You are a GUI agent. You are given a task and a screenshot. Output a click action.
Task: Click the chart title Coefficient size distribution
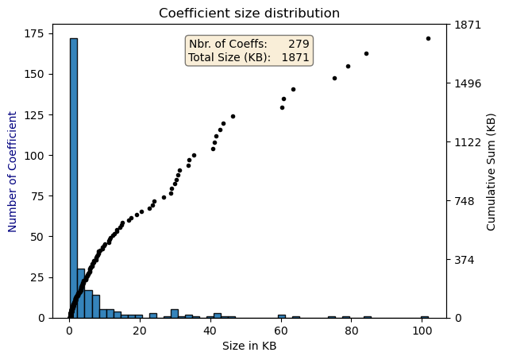pos(249,14)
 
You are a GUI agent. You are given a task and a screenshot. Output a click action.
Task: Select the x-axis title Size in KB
pos(249,346)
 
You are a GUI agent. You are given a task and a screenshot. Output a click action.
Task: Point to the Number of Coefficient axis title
pos(13,171)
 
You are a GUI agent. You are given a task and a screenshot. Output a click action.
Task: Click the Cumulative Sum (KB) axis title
pos(491,171)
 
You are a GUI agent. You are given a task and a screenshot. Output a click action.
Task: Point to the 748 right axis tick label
pos(467,201)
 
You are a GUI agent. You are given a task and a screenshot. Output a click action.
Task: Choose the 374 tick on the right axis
pos(467,260)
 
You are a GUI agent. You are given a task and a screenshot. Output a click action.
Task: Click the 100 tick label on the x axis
pos(421,330)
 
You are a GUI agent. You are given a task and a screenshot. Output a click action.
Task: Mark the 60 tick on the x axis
pos(280,330)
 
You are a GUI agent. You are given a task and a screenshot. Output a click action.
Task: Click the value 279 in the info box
pos(299,44)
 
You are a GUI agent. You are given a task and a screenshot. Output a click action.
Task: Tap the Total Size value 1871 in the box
pos(295,58)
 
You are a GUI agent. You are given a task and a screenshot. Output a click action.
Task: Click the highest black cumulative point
pos(428,38)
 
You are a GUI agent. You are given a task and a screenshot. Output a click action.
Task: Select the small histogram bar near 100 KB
pos(425,316)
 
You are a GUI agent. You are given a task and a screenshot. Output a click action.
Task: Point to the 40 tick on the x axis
pos(210,330)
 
